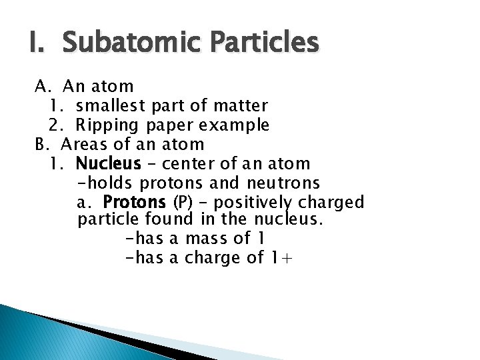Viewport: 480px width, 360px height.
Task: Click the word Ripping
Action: point(106,125)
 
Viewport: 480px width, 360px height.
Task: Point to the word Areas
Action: point(85,144)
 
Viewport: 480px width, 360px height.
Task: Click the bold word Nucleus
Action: point(109,163)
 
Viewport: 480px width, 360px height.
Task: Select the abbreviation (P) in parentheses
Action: point(181,202)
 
